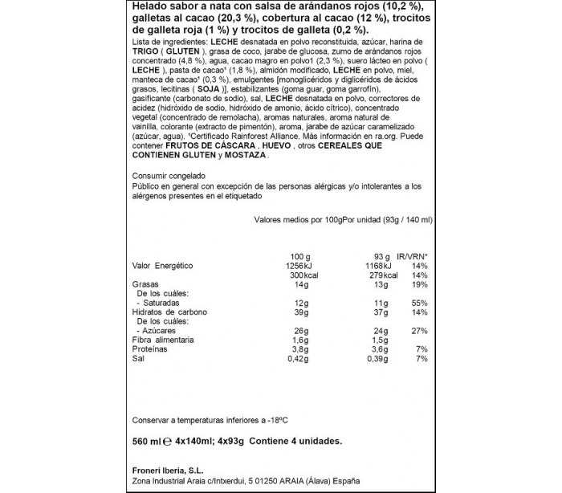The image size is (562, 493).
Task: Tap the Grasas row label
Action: click(145, 284)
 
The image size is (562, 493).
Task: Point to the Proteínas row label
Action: click(151, 350)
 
